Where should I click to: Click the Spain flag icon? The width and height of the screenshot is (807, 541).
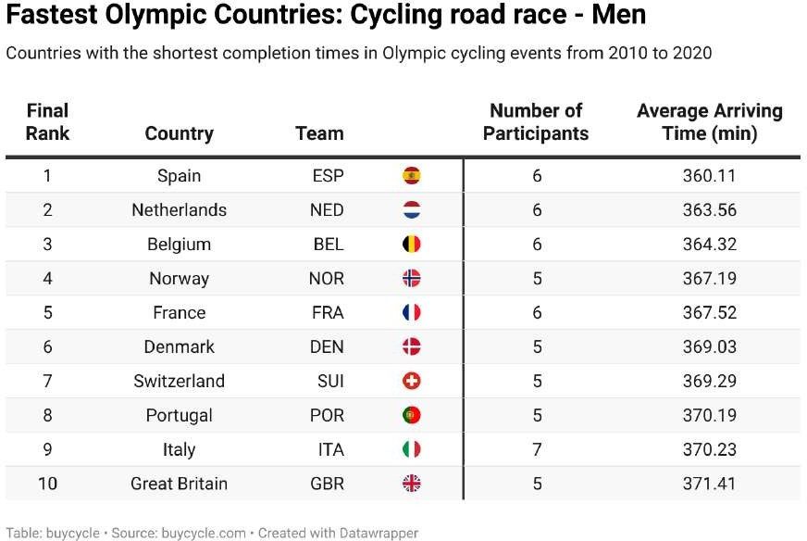(411, 176)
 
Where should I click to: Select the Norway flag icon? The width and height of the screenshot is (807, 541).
(411, 279)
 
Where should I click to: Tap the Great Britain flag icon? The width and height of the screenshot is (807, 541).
(411, 484)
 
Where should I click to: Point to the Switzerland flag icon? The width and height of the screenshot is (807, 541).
(411, 381)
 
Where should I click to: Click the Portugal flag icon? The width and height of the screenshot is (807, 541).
(411, 415)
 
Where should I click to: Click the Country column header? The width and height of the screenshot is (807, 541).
(179, 133)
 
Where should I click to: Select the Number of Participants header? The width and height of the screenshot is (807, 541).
(536, 122)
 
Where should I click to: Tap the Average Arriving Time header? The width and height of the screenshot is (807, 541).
(709, 122)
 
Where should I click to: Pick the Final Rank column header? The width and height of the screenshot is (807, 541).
(47, 122)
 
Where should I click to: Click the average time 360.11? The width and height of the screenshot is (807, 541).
(709, 176)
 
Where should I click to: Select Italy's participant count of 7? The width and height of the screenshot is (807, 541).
(537, 449)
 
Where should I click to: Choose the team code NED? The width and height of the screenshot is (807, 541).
(326, 210)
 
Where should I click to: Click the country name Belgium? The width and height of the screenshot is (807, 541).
(179, 245)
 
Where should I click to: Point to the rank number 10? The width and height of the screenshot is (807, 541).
(47, 484)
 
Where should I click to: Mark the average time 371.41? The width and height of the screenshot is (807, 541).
(709, 484)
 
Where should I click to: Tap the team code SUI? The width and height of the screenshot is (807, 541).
(327, 381)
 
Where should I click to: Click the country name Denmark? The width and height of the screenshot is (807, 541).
(179, 346)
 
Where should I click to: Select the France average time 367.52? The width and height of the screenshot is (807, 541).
(709, 313)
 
